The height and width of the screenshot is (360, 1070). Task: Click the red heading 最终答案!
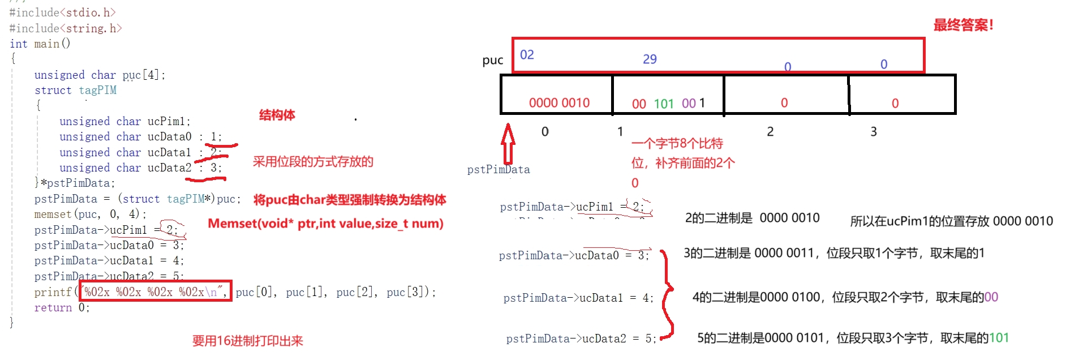[963, 25]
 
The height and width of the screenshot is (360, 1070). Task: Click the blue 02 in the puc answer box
[527, 55]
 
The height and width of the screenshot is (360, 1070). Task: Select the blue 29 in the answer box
[650, 59]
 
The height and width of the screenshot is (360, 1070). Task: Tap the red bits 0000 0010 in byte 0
[559, 103]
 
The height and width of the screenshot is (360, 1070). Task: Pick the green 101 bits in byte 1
[664, 104]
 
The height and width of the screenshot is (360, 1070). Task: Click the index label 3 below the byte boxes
[874, 132]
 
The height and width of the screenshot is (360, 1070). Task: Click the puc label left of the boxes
[492, 61]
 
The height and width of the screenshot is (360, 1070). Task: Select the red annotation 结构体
[277, 115]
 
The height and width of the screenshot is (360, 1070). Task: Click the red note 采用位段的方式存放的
[313, 162]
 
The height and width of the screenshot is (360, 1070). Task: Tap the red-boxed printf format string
[155, 292]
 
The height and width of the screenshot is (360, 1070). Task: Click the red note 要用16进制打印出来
[247, 341]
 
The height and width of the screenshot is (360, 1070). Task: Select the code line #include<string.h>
[66, 28]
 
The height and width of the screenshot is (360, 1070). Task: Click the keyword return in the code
[53, 308]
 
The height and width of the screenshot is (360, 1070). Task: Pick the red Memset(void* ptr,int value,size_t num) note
[325, 224]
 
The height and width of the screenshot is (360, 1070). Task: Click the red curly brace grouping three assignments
[668, 294]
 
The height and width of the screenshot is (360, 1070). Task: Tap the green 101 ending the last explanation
[999, 338]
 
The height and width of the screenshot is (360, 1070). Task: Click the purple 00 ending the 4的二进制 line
[991, 297]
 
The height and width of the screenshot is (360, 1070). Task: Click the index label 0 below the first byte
[545, 132]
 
